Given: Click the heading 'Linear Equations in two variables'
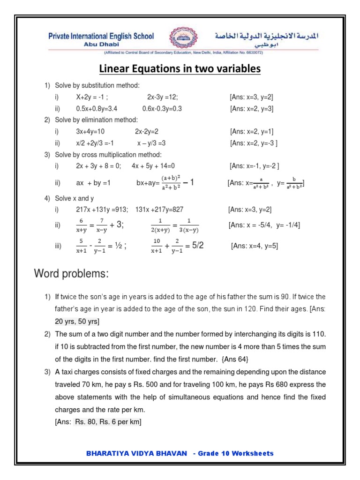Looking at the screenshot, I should pyautogui.click(x=180, y=69).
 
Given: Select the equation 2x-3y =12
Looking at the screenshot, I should pyautogui.click(x=162, y=97).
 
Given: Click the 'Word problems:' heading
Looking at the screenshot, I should pyautogui.click(x=71, y=274).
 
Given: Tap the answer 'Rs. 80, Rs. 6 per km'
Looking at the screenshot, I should pyautogui.click(x=108, y=422).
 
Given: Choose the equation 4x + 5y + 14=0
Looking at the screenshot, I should pyautogui.click(x=153, y=165).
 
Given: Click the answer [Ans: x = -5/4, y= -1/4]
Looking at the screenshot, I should pyautogui.click(x=264, y=225).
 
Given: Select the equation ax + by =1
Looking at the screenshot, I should pyautogui.click(x=93, y=183).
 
